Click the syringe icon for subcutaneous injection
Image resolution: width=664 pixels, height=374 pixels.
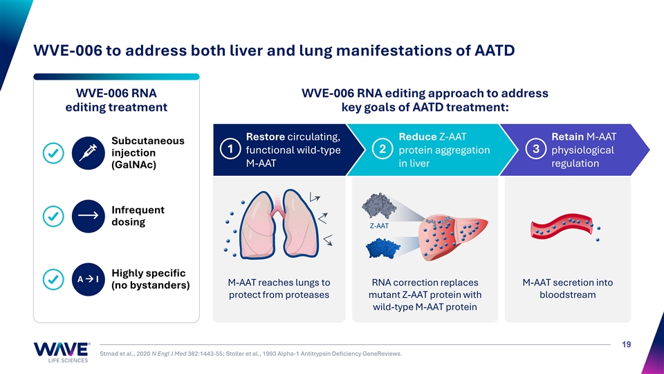pos(88,153)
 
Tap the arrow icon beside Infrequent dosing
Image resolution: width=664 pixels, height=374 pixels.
pos(88,216)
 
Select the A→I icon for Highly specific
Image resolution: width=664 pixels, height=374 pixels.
pos(88,279)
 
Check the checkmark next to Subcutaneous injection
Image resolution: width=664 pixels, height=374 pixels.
pos(53,153)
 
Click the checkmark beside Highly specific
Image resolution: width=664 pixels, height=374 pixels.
pos(53,279)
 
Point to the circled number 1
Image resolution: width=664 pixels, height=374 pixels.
pos(230,150)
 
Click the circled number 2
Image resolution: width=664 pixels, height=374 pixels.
pos(382,150)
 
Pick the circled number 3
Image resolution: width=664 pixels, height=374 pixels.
pos(535,150)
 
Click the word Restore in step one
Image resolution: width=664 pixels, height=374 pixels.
pos(266,136)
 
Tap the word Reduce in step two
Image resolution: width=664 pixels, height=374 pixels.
pos(418,136)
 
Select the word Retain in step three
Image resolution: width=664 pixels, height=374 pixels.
pos(567,136)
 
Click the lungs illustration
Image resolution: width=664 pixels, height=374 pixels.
pos(279,224)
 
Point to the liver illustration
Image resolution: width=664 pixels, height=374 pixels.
pos(452,238)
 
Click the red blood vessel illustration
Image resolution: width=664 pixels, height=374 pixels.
pos(562,226)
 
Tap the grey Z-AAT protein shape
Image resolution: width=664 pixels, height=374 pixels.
pos(379,206)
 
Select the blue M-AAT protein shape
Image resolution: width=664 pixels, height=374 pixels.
pos(382,248)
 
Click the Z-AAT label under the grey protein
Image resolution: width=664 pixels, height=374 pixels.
pos(379,226)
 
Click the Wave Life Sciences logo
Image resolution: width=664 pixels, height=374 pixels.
pos(62,353)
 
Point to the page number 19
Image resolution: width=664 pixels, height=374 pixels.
pos(627,344)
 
